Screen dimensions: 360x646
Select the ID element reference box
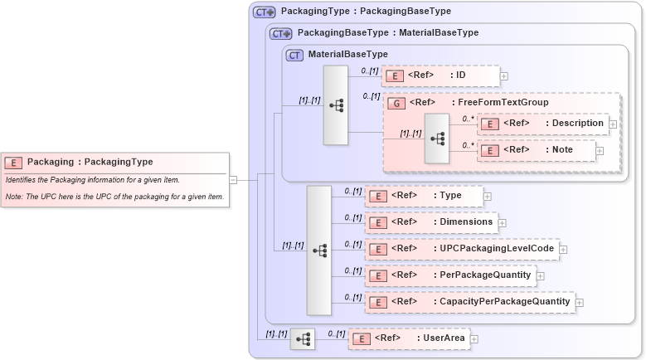pyautogui.click(x=440, y=75)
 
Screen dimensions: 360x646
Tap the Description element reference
pyautogui.click(x=543, y=123)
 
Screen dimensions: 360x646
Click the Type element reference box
pyautogui.click(x=424, y=195)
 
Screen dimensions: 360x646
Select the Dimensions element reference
pyautogui.click(x=431, y=221)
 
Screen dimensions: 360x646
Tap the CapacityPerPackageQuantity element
pyautogui.click(x=469, y=301)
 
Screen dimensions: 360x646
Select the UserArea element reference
pyautogui.click(x=409, y=338)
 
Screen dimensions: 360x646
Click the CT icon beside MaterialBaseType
pyautogui.click(x=294, y=56)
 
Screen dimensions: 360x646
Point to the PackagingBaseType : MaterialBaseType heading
pyautogui.click(x=387, y=33)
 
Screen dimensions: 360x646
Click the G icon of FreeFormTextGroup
pyautogui.click(x=396, y=103)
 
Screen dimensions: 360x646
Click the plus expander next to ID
pyautogui.click(x=504, y=76)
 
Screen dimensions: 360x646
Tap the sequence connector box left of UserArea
pyautogui.click(x=303, y=338)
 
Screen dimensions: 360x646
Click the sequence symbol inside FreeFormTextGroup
pyautogui.click(x=436, y=138)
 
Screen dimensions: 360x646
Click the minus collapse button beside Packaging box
pyautogui.click(x=234, y=178)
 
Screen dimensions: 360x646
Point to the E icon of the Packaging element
pyautogui.click(x=13, y=163)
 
